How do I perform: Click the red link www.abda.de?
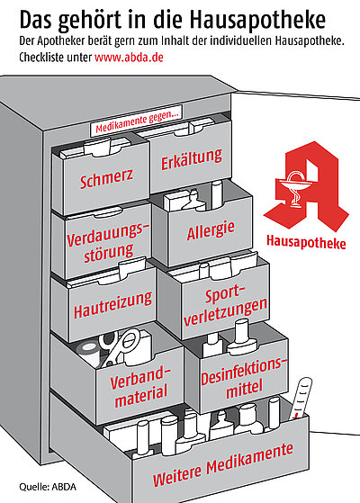pos(129,58)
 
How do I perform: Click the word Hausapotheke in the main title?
pos(257,20)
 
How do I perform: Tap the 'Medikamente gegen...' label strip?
pos(137,121)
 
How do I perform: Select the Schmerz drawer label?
pos(106,178)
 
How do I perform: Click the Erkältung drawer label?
pos(192,158)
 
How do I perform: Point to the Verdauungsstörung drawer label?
pos(108,243)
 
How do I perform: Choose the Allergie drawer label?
pos(211,230)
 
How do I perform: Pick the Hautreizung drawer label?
pos(112,305)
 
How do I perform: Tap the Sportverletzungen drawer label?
pos(225,306)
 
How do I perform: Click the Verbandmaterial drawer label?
pos(140,387)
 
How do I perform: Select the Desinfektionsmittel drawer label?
pos(243,378)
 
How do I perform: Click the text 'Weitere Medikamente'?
pos(222,464)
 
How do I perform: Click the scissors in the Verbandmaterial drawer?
pos(118,347)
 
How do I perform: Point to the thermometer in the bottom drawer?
pos(300,399)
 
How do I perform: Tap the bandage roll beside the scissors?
pos(87,352)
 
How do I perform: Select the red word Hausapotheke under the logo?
pos(306,242)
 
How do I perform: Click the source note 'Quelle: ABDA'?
pos(48,487)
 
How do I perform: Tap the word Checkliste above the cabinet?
pos(41,58)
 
